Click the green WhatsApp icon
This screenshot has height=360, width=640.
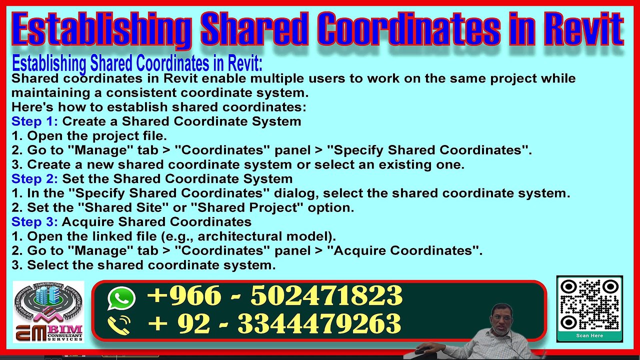pos(121,298)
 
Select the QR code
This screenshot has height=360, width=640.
pos(589,305)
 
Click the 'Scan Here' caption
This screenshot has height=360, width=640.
pos(589,336)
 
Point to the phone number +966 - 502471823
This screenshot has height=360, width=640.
pos(274,296)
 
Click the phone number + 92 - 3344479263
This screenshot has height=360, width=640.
pos(274,324)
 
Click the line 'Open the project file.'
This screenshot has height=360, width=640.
pos(96,136)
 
